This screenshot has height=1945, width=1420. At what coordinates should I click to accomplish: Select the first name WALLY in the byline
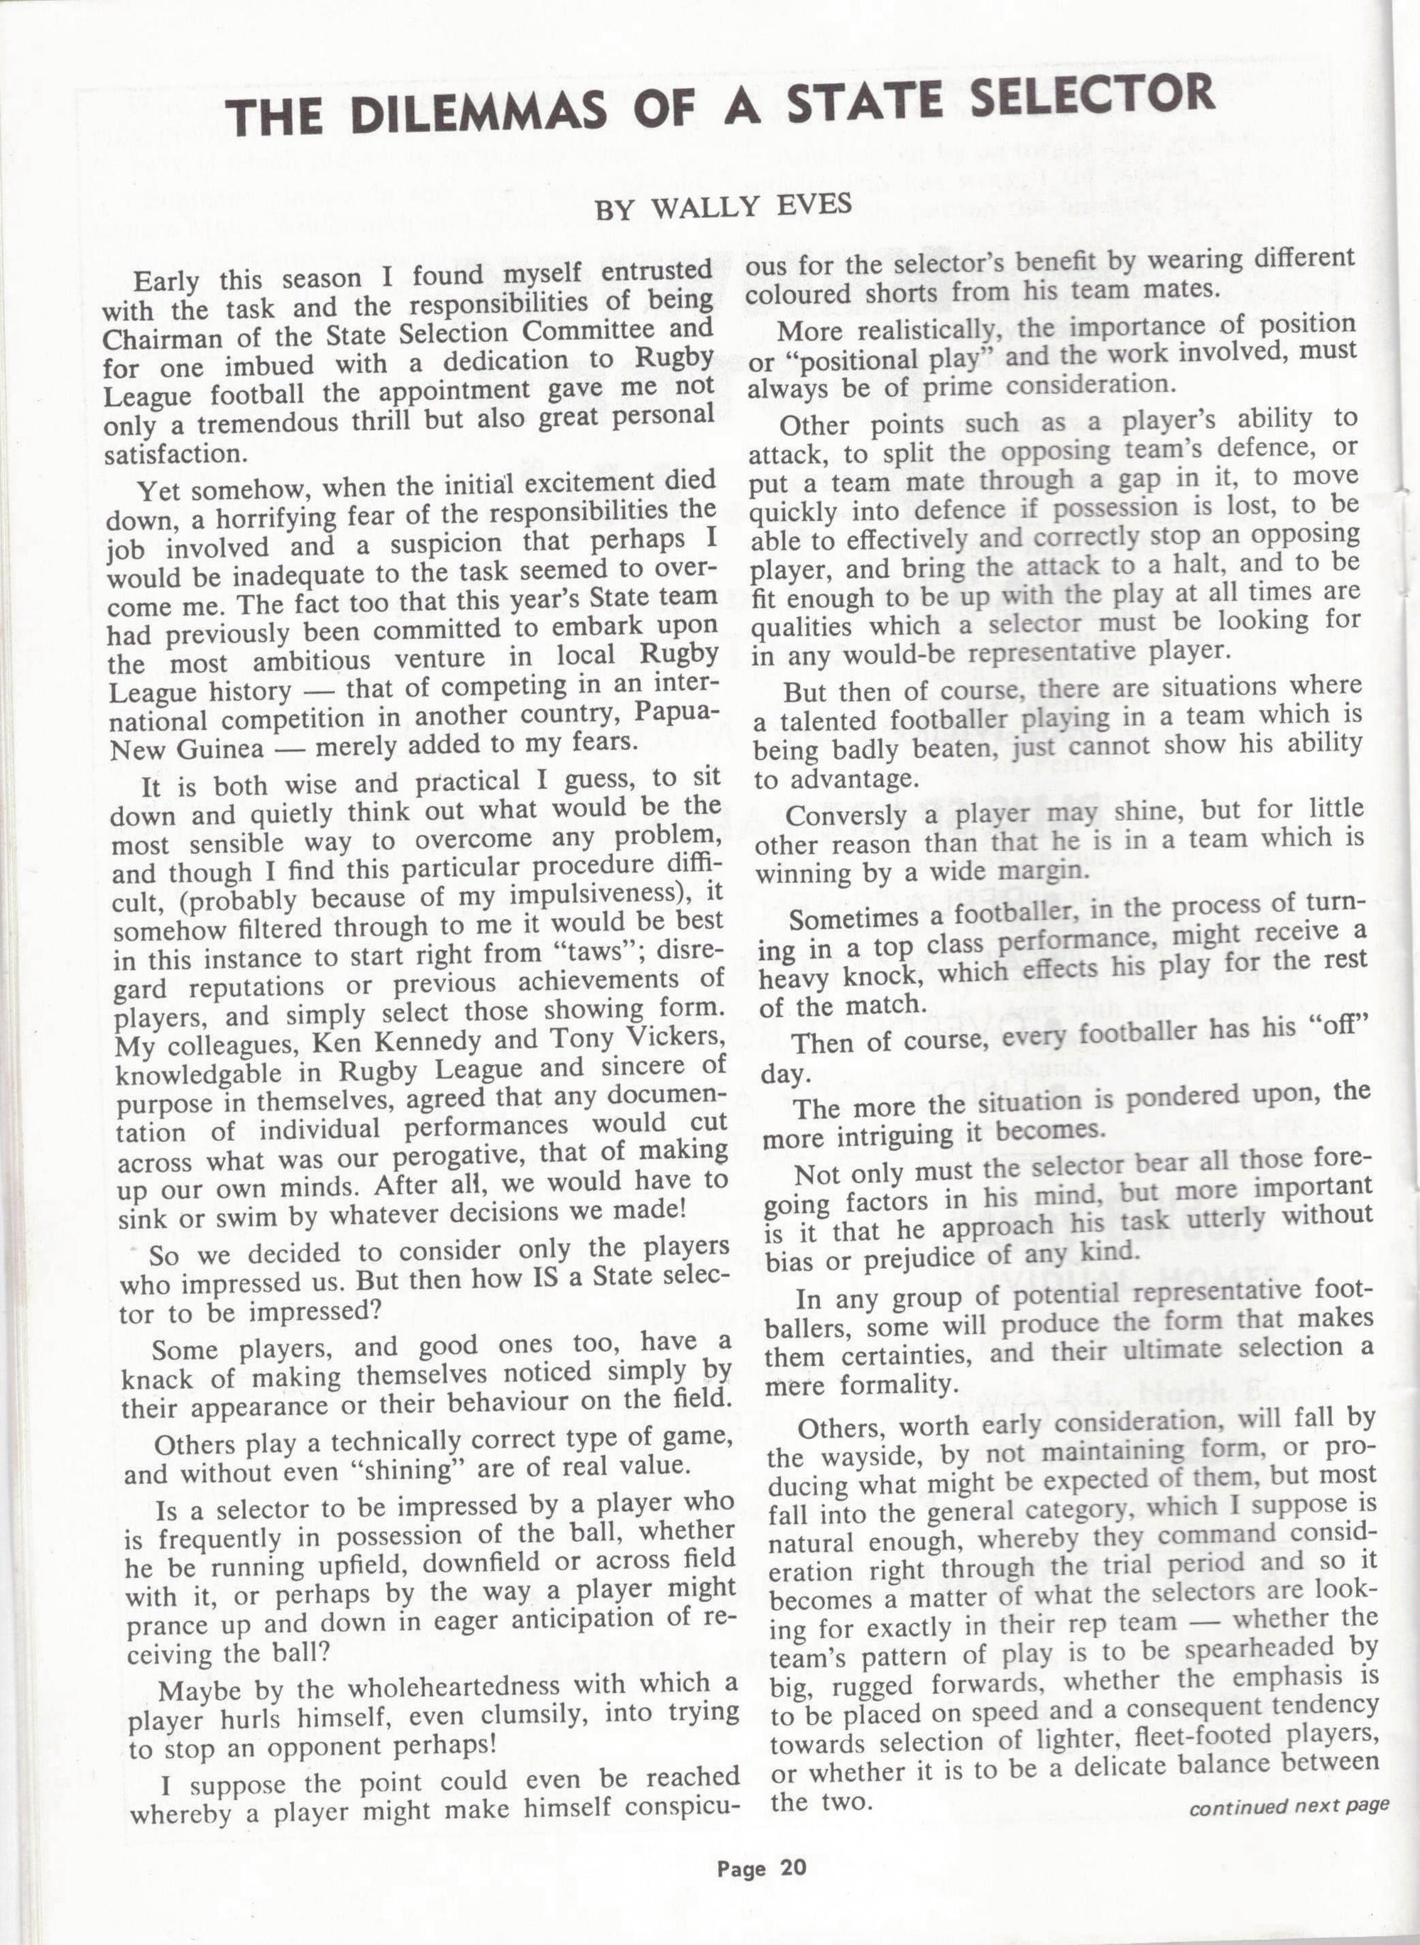coord(697,208)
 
